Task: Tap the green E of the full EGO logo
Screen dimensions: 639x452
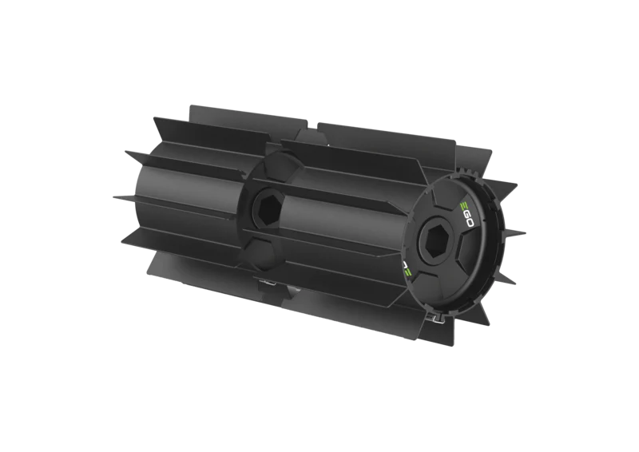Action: click(464, 206)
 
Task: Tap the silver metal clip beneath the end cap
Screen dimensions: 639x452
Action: click(433, 318)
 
